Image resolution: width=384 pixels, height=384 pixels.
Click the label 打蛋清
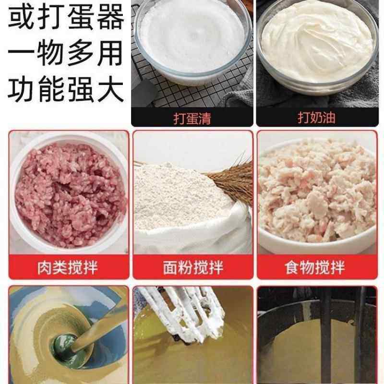[x=192, y=118]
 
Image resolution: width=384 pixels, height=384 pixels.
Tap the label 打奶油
[x=317, y=118]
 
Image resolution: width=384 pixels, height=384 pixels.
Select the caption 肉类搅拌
[x=68, y=267]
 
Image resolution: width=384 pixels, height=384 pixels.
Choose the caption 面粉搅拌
[x=192, y=267]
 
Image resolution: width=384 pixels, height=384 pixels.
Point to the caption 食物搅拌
[x=317, y=267]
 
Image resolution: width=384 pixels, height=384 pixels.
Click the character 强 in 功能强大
[x=80, y=90]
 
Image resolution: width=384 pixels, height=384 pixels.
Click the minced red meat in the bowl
[x=67, y=192]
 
